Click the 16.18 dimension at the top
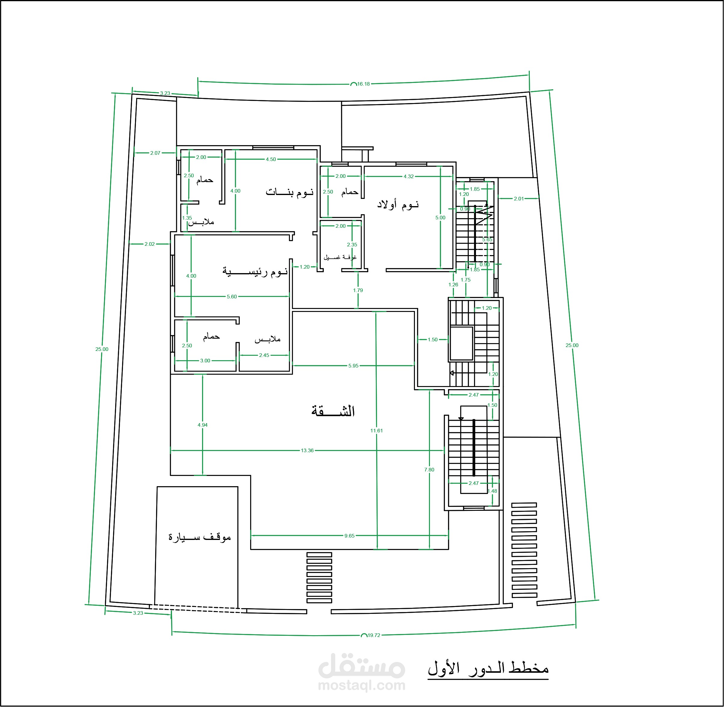364,84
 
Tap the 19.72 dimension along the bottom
374,635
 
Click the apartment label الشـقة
333,411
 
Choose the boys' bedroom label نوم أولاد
398,204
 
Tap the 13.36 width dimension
307,450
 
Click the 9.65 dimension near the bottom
349,536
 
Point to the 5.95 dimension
353,366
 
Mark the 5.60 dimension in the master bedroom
232,297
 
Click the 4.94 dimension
202,425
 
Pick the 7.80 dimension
429,470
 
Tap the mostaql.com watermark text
361,685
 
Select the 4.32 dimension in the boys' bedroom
409,176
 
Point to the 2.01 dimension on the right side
519,199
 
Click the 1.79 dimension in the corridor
358,290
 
